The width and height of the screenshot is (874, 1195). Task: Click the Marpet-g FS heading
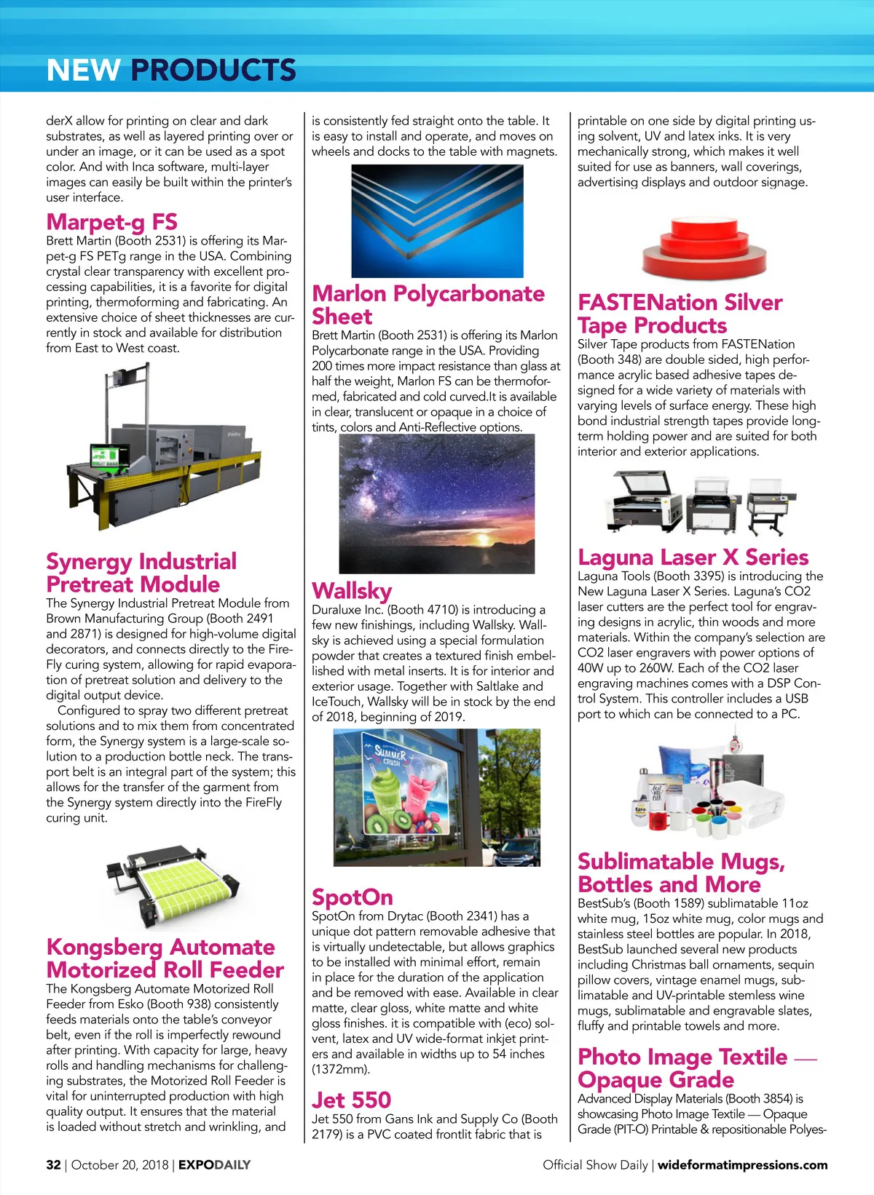click(x=111, y=222)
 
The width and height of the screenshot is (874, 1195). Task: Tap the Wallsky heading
click(x=352, y=590)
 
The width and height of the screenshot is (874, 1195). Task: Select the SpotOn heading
click(x=353, y=897)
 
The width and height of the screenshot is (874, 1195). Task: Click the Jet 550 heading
click(x=352, y=1100)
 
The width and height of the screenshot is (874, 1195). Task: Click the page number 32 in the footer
click(x=53, y=1164)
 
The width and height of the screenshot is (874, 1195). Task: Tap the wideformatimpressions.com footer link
click(x=742, y=1164)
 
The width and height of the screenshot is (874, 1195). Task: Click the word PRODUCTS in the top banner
click(x=213, y=70)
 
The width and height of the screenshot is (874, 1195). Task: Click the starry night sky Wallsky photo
click(x=437, y=504)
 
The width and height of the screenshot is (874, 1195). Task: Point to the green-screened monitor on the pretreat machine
click(x=104, y=456)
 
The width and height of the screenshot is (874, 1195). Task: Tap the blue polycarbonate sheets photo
click(x=437, y=221)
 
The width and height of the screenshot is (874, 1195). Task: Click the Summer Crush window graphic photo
click(x=437, y=797)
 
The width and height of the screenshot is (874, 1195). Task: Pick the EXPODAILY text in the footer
click(x=214, y=1164)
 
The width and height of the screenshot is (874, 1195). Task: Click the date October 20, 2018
click(x=120, y=1164)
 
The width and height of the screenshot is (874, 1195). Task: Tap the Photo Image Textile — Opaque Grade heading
click(x=696, y=1068)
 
